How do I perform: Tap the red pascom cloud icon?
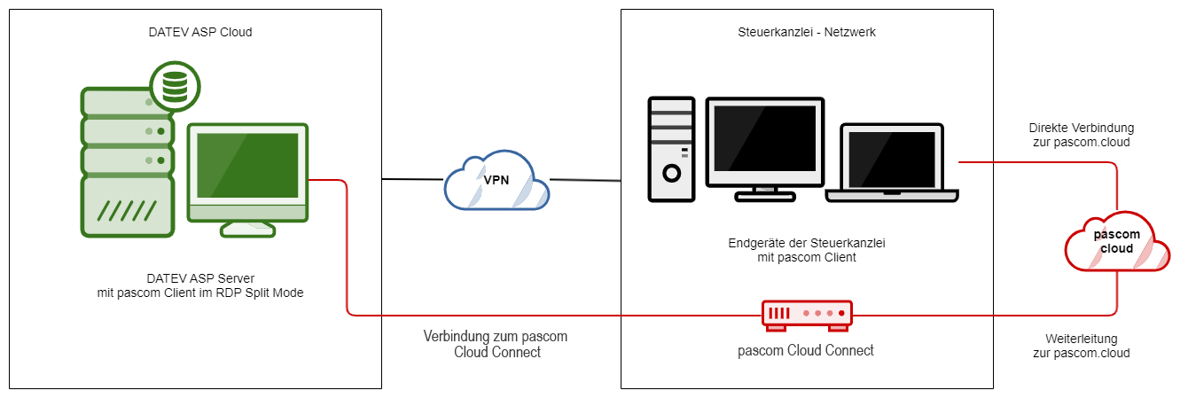(1115, 241)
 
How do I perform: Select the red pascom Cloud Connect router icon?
(806, 314)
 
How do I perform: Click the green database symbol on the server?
(175, 85)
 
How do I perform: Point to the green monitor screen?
(247, 166)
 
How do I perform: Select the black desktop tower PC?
(671, 148)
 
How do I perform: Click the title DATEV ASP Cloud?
(199, 33)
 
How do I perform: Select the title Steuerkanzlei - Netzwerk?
(807, 32)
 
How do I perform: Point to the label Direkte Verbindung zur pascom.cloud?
(1081, 135)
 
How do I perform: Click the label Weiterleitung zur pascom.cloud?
(1081, 346)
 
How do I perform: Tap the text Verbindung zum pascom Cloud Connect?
(496, 344)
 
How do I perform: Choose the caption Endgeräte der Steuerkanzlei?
(807, 243)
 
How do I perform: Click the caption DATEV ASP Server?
(199, 277)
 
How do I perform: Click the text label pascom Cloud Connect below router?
(806, 350)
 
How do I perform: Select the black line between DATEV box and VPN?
(411, 179)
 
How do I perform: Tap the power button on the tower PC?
(671, 171)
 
